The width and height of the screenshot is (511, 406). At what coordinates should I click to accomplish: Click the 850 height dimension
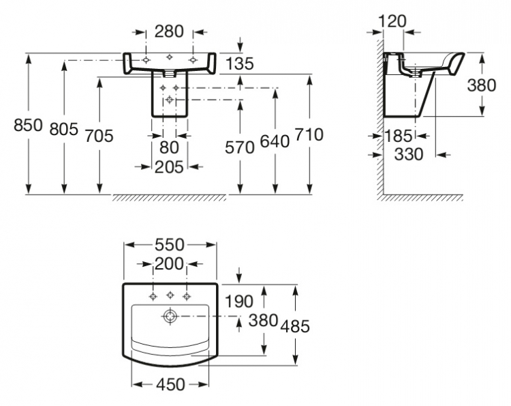28,125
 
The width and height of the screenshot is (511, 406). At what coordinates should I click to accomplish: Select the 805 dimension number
64,129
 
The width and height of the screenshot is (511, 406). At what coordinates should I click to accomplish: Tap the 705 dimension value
99,136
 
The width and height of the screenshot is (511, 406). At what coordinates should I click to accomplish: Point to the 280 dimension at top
169,31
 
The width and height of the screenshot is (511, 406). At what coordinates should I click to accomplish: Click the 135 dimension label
239,63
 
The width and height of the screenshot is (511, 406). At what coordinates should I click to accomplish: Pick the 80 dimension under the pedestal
169,147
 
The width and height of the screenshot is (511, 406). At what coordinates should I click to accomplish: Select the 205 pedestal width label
169,167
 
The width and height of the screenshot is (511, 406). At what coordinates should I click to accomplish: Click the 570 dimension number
240,147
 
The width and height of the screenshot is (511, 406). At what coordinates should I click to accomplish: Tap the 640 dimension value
275,142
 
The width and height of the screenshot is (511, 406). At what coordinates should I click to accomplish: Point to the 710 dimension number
309,134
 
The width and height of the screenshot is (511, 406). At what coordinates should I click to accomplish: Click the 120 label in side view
392,22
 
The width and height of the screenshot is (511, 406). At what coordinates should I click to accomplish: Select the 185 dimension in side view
399,136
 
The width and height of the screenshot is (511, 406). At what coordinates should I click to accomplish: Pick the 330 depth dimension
409,154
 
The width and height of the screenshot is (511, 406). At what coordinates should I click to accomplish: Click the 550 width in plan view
170,245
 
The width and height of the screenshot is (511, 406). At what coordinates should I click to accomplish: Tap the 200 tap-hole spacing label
169,263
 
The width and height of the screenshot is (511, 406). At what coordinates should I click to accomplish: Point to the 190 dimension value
239,301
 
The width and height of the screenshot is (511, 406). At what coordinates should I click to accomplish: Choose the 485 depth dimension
295,326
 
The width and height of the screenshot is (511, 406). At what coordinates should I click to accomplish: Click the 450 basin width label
170,384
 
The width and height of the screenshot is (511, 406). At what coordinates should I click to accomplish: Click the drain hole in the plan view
170,316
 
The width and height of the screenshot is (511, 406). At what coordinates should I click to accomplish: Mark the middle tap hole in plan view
170,295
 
